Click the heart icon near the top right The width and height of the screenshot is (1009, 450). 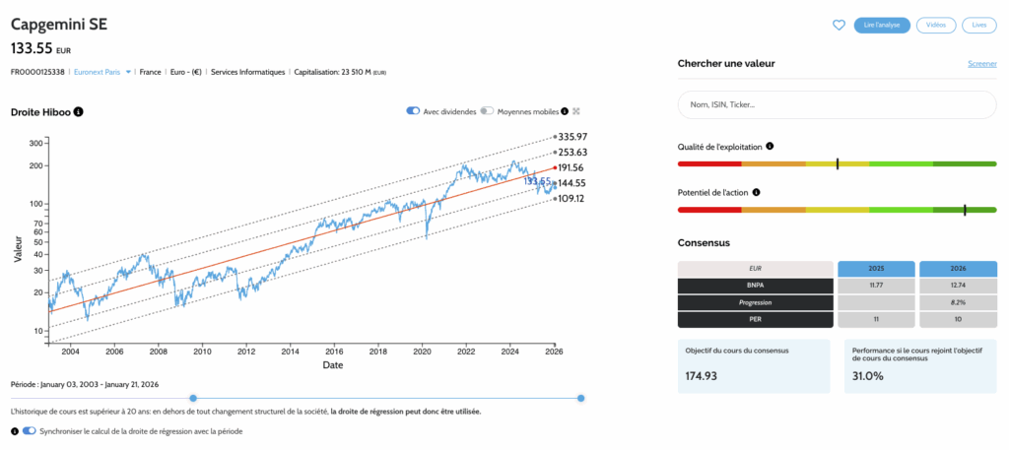[839, 26]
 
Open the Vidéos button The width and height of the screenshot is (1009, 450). [935, 26]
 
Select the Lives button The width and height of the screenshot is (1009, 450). [978, 26]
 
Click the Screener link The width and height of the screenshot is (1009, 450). [981, 64]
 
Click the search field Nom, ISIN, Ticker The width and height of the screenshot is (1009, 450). [837, 104]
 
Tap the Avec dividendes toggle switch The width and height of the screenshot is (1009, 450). [413, 111]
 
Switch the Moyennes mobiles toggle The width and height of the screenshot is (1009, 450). [487, 111]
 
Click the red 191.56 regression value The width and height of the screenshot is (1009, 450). [572, 168]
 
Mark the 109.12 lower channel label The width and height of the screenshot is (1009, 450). [572, 198]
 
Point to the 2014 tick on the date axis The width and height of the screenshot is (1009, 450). [290, 351]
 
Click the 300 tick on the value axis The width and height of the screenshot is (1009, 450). [35, 143]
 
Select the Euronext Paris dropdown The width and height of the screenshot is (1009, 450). [103, 72]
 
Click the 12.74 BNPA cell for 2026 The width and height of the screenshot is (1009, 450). [957, 286]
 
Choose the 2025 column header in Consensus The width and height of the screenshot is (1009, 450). [875, 269]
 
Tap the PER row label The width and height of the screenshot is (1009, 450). [755, 319]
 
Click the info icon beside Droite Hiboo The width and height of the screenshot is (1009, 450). [78, 111]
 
